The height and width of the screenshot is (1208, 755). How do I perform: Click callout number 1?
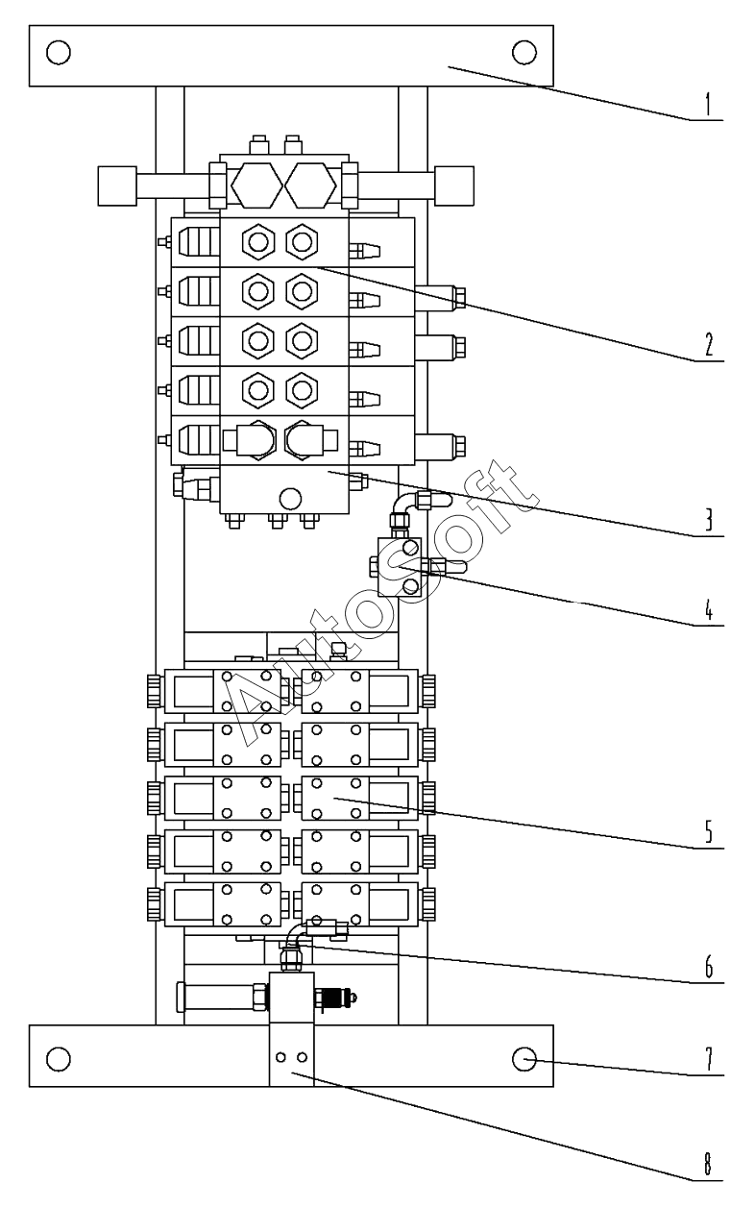[708, 104]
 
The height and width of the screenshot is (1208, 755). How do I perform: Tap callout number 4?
[708, 611]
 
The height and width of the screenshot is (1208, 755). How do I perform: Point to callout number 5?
[708, 831]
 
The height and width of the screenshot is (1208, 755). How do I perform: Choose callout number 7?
[708, 1058]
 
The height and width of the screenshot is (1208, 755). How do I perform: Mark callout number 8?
[708, 1163]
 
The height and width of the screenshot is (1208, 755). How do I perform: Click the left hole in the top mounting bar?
[59, 51]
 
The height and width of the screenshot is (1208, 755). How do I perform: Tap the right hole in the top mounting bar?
[524, 51]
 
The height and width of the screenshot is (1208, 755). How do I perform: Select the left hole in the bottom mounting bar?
[59, 1058]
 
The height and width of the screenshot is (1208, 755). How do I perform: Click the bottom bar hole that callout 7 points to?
[524, 1058]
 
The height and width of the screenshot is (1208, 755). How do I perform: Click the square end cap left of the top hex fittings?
[117, 185]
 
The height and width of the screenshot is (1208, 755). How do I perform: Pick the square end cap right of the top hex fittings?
[454, 185]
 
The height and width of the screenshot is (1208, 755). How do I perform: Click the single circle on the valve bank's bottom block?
[288, 497]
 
